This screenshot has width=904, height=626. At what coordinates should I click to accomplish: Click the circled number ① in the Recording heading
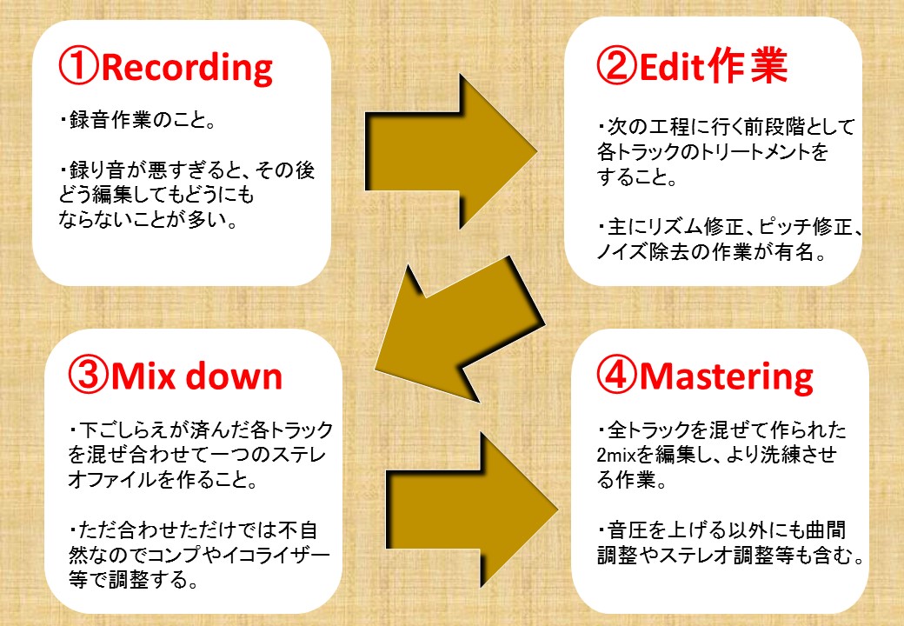pos(79,66)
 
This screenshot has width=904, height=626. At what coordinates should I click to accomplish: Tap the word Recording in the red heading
pos(186,68)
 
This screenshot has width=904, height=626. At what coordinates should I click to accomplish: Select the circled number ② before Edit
pos(617,65)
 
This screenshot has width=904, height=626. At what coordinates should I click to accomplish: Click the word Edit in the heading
pos(672,66)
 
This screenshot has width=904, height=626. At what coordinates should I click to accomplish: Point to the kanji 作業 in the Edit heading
pos(748,65)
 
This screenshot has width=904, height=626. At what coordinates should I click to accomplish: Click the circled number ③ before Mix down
pos(88,375)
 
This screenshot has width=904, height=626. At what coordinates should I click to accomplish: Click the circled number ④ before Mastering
pos(617,375)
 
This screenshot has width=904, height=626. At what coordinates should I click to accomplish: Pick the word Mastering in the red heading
pos(727,377)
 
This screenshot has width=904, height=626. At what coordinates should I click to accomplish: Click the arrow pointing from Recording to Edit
pos(451,151)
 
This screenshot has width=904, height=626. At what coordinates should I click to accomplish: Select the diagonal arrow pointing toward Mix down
pos(460,330)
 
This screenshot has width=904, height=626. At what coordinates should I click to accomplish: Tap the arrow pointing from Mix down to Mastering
pos(472,509)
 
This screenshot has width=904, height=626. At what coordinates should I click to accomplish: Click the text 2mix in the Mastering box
pos(615,456)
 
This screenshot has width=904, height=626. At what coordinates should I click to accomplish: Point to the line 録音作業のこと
pos(137,120)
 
